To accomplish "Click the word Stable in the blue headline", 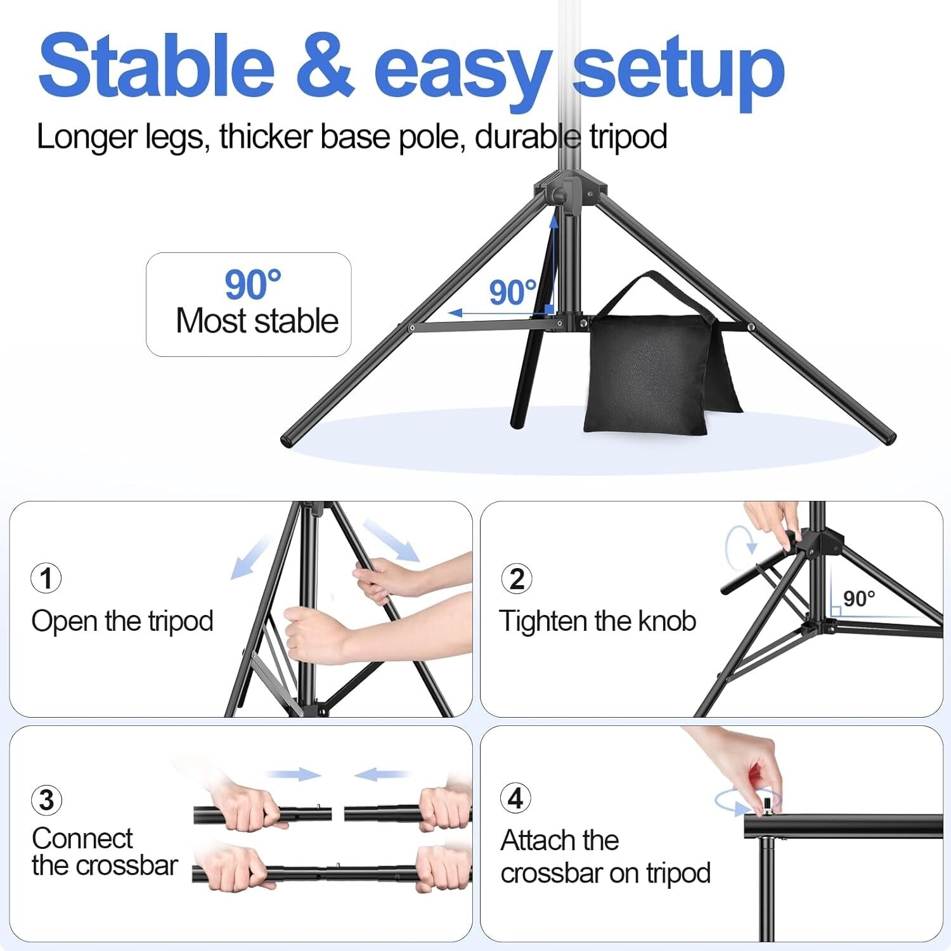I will click(x=156, y=65).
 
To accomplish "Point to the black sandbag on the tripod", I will click(x=650, y=374).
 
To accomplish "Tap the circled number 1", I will click(x=46, y=578).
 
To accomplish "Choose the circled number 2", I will click(x=517, y=578).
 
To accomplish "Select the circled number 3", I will click(x=46, y=800).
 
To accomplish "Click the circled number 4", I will click(x=516, y=798).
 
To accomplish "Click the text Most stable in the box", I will click(x=257, y=321).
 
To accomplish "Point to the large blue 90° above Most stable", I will click(x=252, y=285).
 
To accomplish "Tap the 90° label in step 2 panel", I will click(x=859, y=598).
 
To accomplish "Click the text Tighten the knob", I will click(x=597, y=621).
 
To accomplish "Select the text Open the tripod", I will click(x=122, y=621).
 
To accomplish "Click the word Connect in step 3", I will click(x=82, y=838).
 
